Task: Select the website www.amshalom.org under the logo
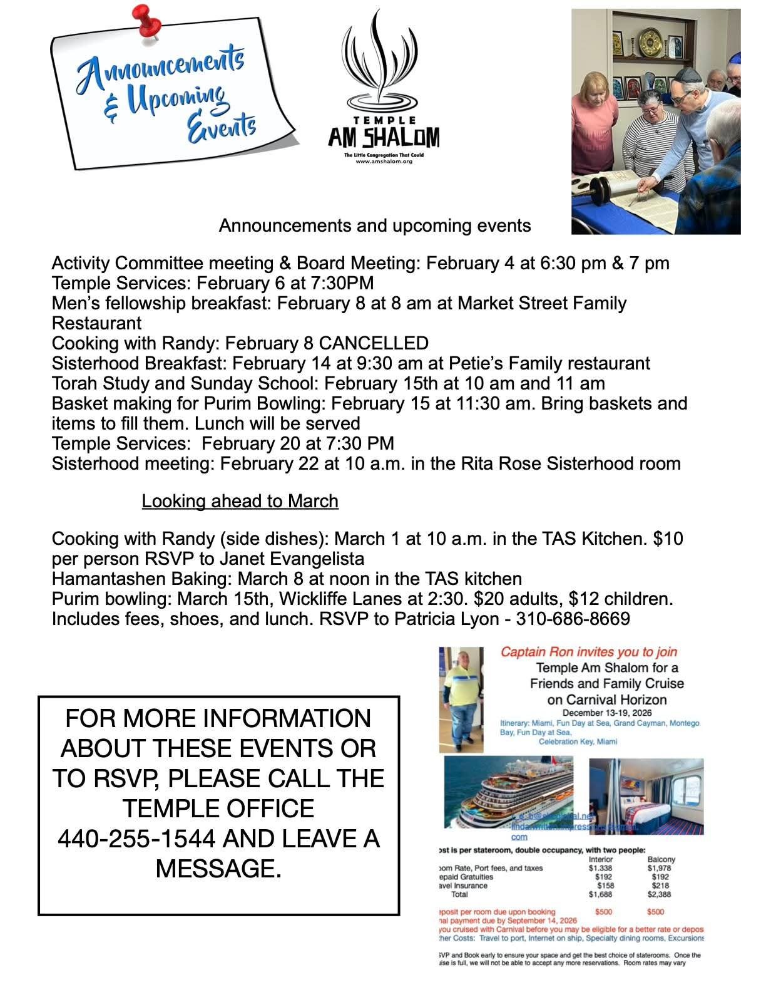[x=384, y=161]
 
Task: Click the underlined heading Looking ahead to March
[x=240, y=501]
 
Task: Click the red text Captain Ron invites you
[x=588, y=652]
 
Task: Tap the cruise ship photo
[x=508, y=792]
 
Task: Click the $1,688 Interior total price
[x=600, y=895]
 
